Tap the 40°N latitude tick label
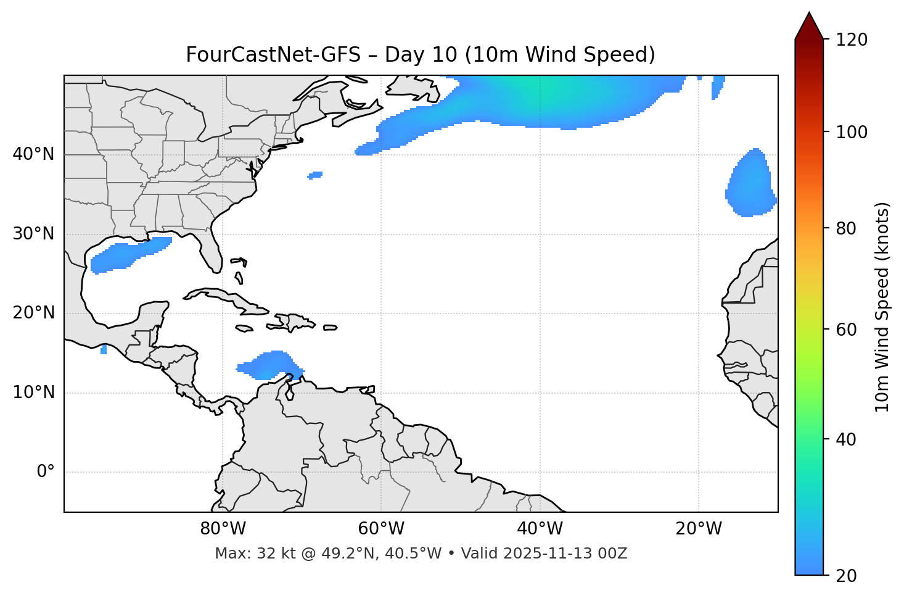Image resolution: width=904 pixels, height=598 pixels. tap(33, 154)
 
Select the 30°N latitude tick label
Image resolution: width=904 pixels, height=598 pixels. tap(33, 234)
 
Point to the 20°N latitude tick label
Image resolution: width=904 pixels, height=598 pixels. tap(33, 313)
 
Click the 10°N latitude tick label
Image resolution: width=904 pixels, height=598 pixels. tap(33, 392)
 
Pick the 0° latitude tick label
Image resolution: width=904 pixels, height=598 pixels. tap(46, 472)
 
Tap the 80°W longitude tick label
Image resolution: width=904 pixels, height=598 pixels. tap(223, 529)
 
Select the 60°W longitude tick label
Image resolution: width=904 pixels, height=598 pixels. tap(381, 529)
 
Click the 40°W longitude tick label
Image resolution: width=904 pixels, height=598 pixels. tap(540, 529)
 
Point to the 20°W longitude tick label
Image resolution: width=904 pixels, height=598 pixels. tap(698, 529)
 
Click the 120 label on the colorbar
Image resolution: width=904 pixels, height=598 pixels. tap(852, 40)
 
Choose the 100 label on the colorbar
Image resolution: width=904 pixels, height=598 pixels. tap(852, 132)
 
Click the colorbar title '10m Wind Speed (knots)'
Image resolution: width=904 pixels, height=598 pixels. tap(882, 307)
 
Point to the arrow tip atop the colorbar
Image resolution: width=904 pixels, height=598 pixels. tap(809, 14)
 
